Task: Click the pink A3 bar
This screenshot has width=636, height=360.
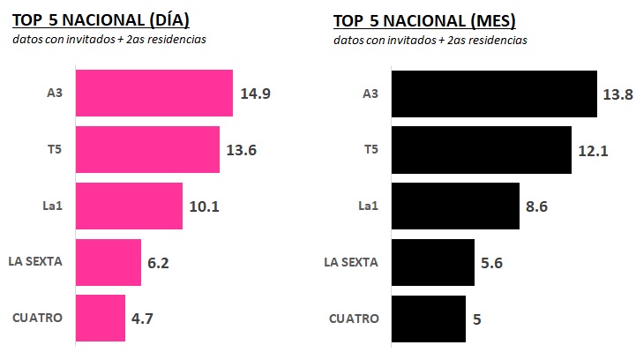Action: [154, 93]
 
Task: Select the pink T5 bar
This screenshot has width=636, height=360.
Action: [147, 149]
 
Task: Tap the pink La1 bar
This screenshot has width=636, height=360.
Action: [129, 206]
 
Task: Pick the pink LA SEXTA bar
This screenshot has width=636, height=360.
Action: [108, 262]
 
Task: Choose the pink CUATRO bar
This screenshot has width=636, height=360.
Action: [101, 318]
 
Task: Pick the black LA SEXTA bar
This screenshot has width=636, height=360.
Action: [432, 262]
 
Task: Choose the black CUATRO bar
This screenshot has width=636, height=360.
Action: [428, 318]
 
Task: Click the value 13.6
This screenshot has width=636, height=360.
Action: [241, 150]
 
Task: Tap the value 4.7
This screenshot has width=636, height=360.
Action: [144, 319]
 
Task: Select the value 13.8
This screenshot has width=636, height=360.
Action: [617, 94]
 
